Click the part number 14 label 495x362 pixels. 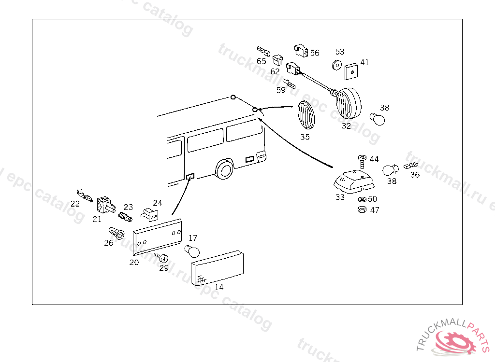point(219,287)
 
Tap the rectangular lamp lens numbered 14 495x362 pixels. point(218,269)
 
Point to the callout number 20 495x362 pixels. point(134,263)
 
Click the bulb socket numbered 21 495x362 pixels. point(105,205)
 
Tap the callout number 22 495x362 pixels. point(75,204)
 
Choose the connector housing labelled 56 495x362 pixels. point(301,50)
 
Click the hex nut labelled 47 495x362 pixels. point(361,210)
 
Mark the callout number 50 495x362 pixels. point(372,199)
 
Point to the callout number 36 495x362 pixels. point(415,175)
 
